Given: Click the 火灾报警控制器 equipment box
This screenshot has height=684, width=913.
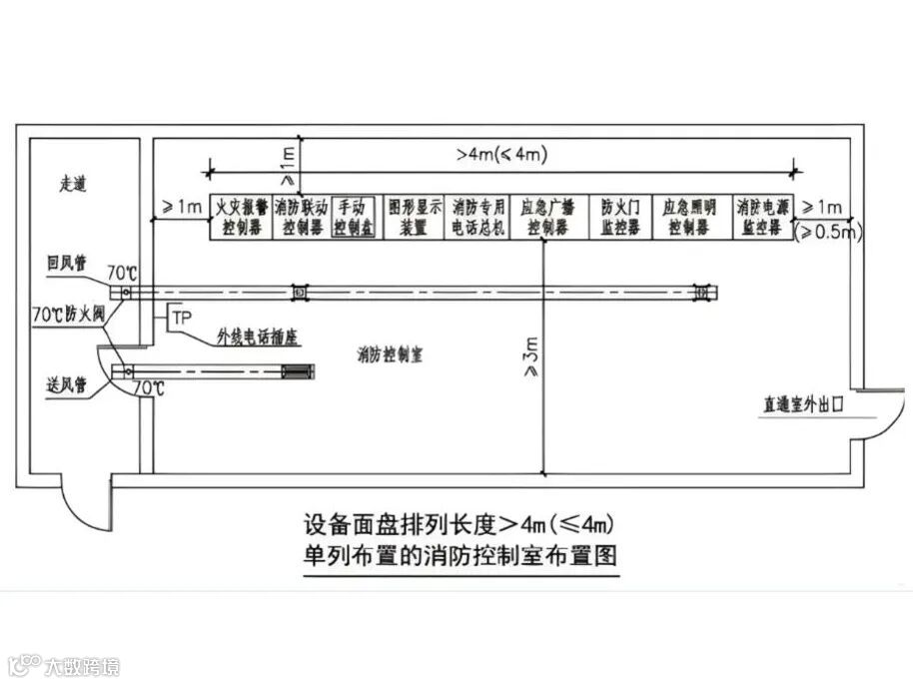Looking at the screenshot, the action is (x=240, y=217).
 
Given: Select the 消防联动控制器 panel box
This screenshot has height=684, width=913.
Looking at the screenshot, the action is (x=302, y=217).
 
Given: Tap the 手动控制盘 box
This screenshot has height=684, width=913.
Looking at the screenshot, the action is (x=355, y=217).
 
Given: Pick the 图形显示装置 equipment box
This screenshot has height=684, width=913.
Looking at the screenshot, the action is (x=413, y=217).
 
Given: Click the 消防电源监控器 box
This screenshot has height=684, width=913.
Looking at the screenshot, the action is (x=763, y=217).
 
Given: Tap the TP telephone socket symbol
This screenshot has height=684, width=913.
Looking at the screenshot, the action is (x=181, y=318).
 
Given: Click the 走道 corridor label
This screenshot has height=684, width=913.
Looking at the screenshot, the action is (x=74, y=185).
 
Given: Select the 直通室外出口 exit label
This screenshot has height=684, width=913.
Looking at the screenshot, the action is (x=803, y=405).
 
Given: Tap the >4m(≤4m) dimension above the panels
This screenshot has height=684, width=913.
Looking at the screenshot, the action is (x=500, y=155).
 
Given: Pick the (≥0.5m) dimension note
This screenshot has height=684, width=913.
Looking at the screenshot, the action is (x=828, y=232).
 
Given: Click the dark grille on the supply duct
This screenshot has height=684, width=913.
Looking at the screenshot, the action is (x=297, y=372).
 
